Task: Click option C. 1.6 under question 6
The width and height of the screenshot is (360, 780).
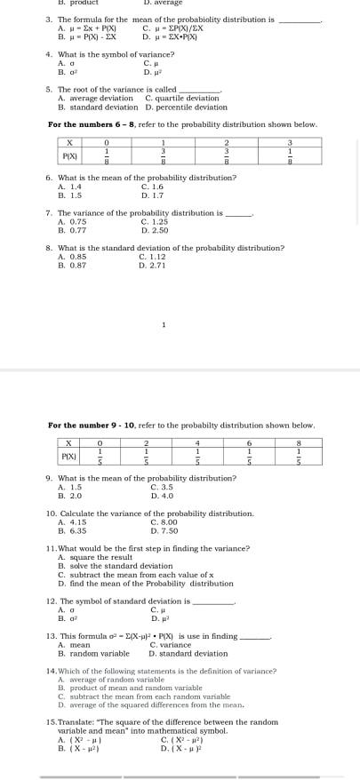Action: coord(151,187)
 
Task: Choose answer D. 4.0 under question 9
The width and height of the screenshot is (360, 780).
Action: coord(162,495)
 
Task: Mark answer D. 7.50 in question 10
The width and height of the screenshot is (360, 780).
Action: coord(164,530)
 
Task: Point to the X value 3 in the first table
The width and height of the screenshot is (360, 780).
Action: coord(290,143)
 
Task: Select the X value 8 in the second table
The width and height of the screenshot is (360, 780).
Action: coord(299,442)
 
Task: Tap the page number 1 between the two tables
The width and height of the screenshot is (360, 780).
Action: coord(164,324)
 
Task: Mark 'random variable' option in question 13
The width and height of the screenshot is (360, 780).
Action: coord(97,653)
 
